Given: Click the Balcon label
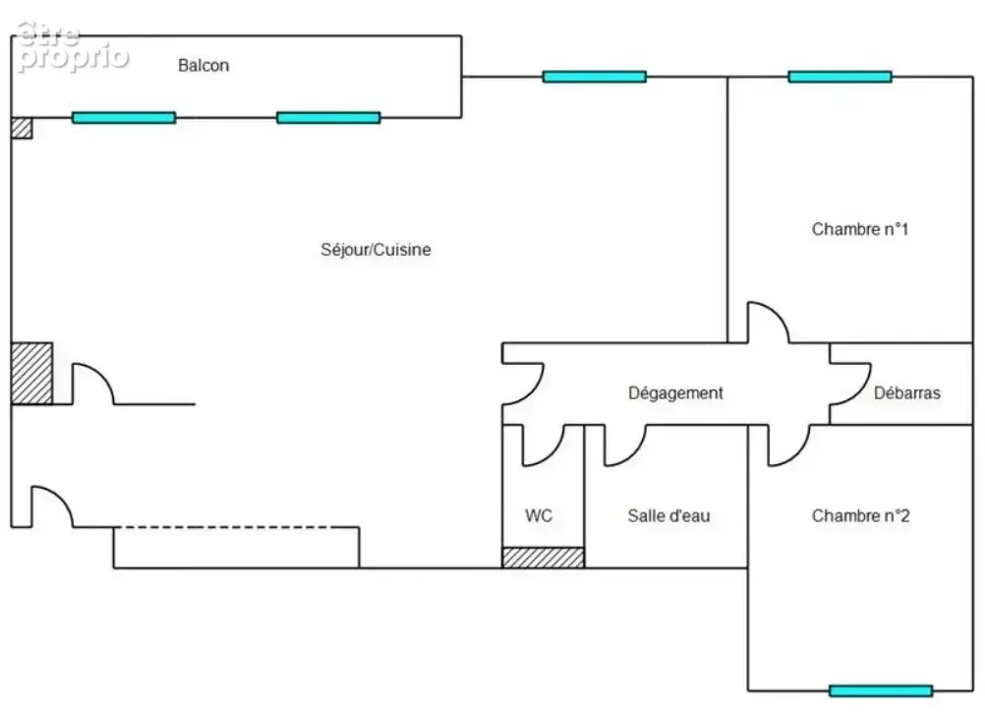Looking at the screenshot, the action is coord(203,65).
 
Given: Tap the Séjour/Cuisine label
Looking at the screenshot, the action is coord(376,250).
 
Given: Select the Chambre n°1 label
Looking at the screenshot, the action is coord(860,229).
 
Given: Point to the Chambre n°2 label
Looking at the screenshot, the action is coord(860,515).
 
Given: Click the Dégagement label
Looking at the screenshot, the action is coord(675,393).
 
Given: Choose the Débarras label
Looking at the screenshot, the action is coord(907,393).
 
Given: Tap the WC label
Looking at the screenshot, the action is coord(539,515).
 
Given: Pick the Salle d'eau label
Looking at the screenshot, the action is coord(668,515).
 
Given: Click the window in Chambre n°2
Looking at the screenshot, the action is coord(880,691).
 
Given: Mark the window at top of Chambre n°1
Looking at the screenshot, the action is coord(840,77).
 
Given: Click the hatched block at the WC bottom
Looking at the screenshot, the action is coord(543,558).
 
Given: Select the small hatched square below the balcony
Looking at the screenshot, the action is coord(22,128).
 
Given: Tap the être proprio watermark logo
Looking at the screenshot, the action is coord(72,47).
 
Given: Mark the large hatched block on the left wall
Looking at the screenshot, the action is coord(31,373).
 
